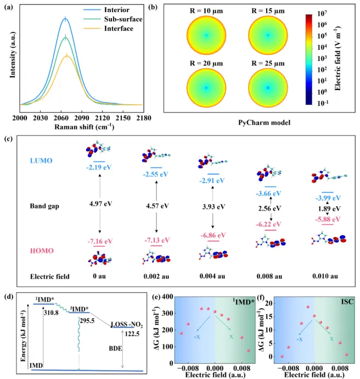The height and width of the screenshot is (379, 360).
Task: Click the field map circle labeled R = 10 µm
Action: click(x=206, y=34)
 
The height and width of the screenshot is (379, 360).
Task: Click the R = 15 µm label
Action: click(x=266, y=9)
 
